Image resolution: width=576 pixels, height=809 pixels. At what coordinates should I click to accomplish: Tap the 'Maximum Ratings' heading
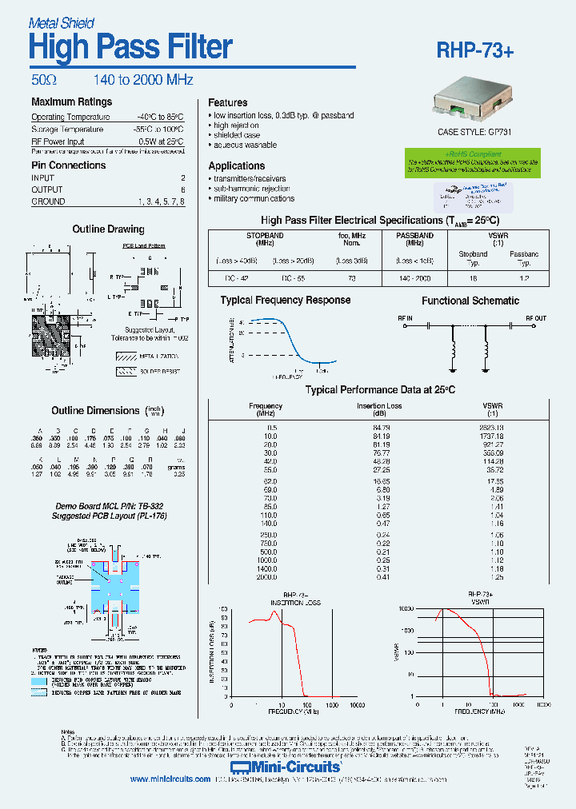[x=71, y=102]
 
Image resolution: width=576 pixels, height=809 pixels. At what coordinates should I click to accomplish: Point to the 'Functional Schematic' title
[x=470, y=301]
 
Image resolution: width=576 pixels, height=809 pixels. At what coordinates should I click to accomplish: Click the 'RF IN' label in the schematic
[x=406, y=318]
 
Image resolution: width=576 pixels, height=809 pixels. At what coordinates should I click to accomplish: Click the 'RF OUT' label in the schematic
[x=535, y=318]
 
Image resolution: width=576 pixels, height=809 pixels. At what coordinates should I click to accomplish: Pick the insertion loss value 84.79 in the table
[x=380, y=428]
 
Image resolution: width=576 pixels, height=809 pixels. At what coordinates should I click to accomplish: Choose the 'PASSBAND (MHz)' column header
[x=415, y=241]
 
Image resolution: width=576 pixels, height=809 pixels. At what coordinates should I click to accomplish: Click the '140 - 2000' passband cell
[x=415, y=278]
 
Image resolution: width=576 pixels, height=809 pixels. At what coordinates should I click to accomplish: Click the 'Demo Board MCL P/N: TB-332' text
[x=109, y=507]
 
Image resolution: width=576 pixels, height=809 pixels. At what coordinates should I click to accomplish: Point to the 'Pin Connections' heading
[x=68, y=165]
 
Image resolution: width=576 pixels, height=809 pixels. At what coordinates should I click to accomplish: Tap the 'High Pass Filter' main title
[x=130, y=48]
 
